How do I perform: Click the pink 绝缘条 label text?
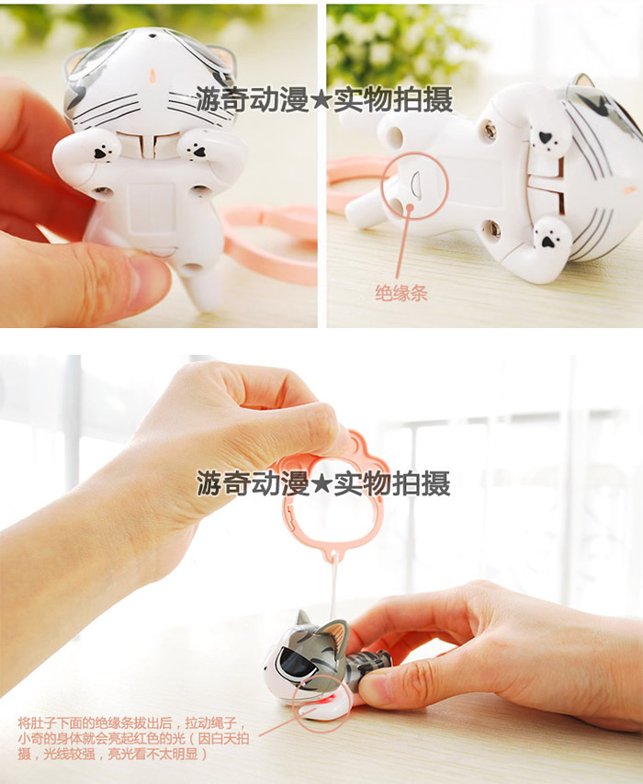click(401, 293)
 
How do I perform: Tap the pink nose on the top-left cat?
click(152, 76)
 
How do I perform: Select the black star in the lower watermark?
click(321, 484)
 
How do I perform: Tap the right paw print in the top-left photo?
click(198, 150)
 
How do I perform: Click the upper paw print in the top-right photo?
click(547, 139)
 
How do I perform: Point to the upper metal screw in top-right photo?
click(490, 131)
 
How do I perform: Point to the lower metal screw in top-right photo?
click(493, 229)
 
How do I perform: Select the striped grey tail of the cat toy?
click(368, 663)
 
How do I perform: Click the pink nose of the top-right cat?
click(628, 189)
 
